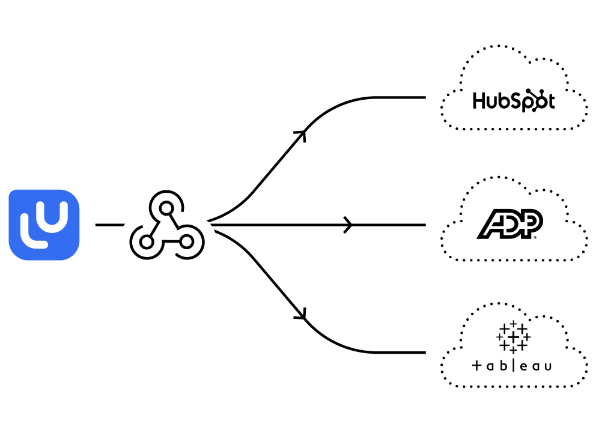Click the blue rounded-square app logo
[44, 225]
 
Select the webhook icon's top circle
[166, 205]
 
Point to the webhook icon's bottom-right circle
[186, 241]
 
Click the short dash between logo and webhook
[109, 225]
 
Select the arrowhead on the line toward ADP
[348, 225]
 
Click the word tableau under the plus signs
[512, 366]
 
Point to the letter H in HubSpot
[479, 101]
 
